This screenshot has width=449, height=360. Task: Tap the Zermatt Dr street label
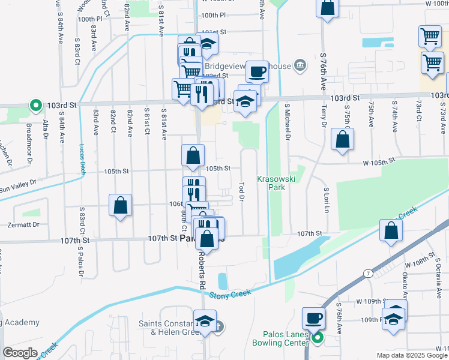23,224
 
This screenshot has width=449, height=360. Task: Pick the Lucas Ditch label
82,157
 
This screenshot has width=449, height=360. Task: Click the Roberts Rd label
202,270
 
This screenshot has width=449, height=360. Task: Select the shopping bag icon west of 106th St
121,205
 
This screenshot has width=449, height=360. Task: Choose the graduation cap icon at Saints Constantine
205,320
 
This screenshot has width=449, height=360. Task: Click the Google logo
20,353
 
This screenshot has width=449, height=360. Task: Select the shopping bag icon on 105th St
192,155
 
